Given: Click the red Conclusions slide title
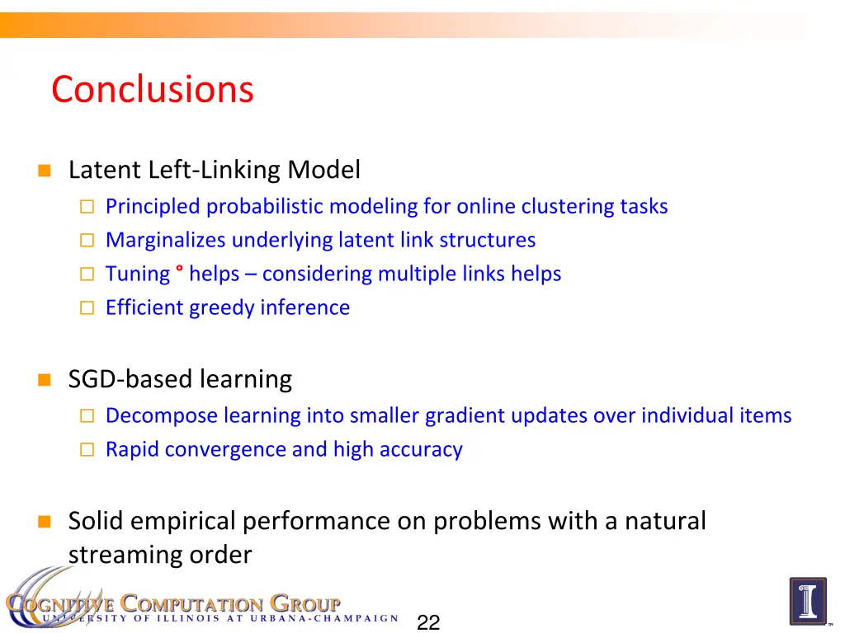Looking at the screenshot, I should point(152,89).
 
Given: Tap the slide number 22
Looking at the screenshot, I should point(428,622).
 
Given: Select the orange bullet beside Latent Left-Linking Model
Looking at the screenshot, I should point(45,171).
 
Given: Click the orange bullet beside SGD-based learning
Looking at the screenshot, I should point(45,380).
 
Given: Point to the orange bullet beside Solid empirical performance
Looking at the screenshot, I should point(45,522).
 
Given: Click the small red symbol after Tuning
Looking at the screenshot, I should point(179,270).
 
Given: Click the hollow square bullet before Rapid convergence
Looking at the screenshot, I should point(87,450).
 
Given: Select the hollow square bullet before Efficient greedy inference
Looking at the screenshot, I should point(87,308).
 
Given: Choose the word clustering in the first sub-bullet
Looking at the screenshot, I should point(567,206).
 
